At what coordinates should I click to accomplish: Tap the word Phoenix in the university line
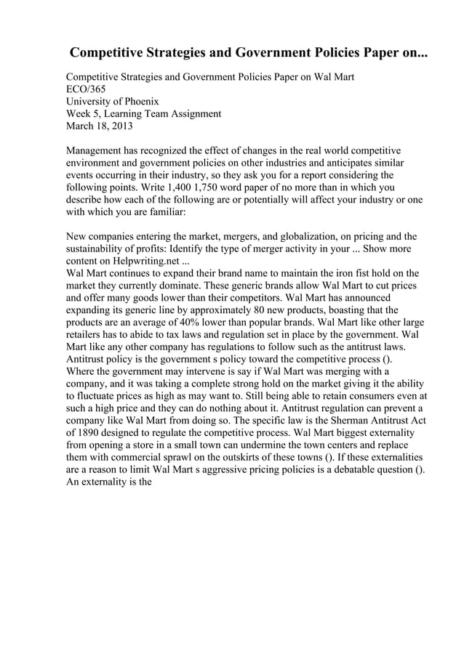[137, 101]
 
